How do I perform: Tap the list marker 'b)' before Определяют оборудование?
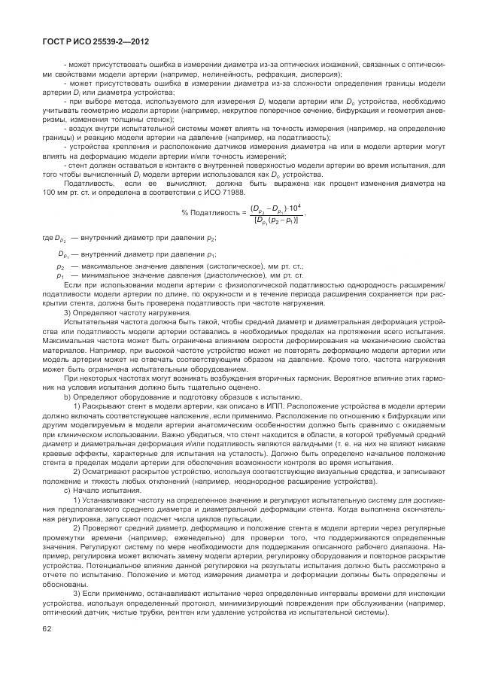68,395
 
